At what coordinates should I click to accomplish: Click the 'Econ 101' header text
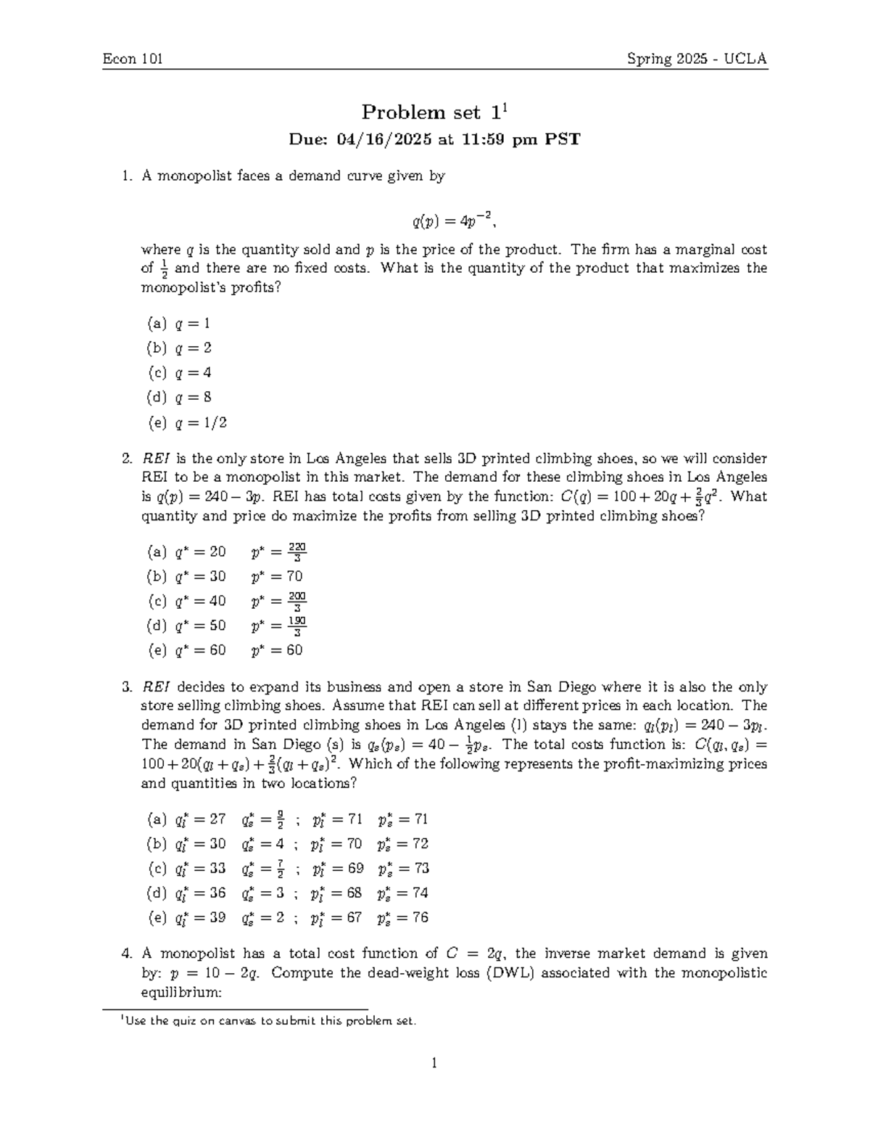pyautogui.click(x=132, y=59)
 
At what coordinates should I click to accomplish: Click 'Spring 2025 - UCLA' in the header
pyautogui.click(x=697, y=59)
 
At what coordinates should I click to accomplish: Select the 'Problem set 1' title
pyautogui.click(x=434, y=112)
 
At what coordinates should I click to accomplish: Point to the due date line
pyautogui.click(x=434, y=139)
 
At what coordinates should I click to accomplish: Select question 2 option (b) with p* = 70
pyautogui.click(x=224, y=576)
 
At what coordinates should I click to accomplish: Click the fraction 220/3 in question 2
pyautogui.click(x=297, y=552)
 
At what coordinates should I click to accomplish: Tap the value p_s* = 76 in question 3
pyautogui.click(x=403, y=918)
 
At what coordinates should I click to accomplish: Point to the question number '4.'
pyautogui.click(x=128, y=954)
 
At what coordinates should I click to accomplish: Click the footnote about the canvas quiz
pyautogui.click(x=268, y=1021)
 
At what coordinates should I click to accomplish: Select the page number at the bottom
pyautogui.click(x=434, y=1064)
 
